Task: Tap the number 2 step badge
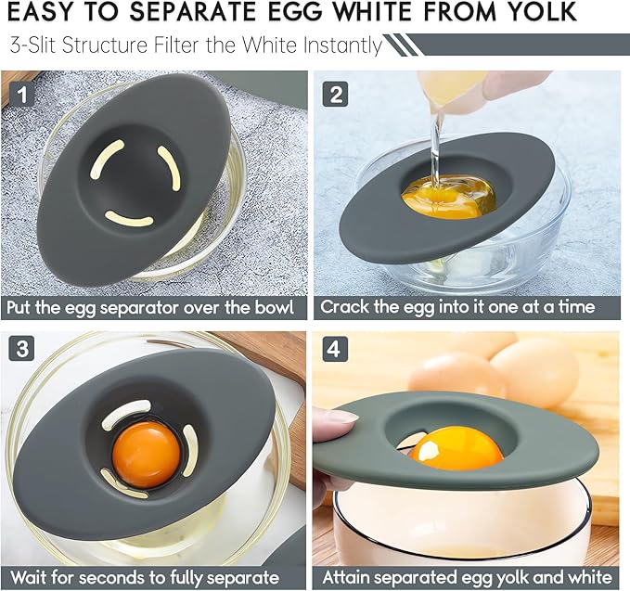click(x=335, y=93)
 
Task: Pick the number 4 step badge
click(x=335, y=350)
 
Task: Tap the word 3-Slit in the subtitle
click(x=34, y=45)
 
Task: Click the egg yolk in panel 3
click(x=146, y=452)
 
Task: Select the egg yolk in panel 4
click(x=456, y=447)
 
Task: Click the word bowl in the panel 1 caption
click(x=273, y=307)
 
